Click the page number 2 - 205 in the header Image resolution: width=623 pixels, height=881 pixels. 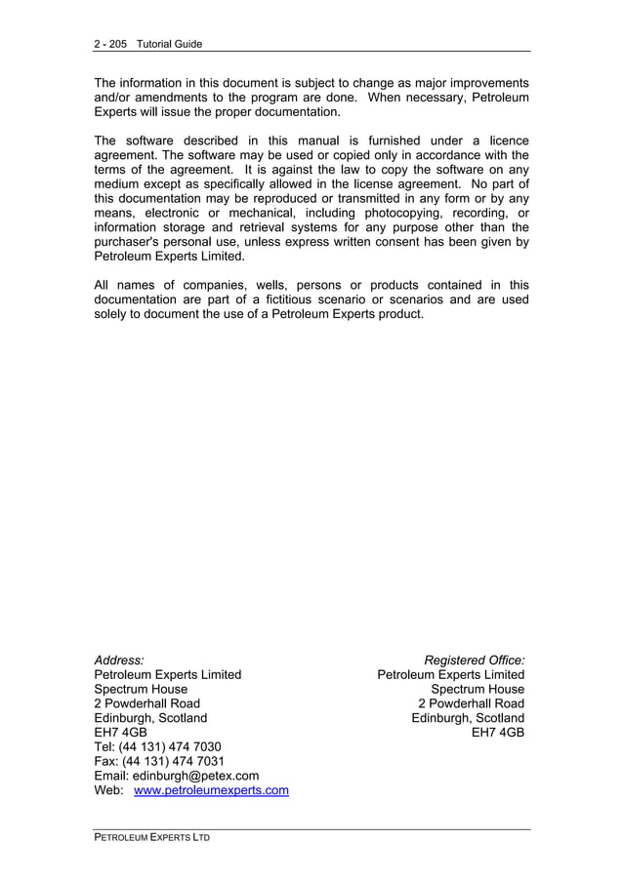[110, 44]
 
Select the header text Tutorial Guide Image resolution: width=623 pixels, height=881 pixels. [169, 44]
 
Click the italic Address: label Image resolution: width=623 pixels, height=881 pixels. [118, 661]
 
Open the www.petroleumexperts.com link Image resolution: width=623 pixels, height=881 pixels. [211, 790]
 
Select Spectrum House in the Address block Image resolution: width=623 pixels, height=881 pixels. [141, 689]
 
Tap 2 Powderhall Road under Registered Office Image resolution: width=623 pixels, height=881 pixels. [471, 703]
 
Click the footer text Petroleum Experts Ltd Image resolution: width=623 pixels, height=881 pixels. [151, 838]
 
